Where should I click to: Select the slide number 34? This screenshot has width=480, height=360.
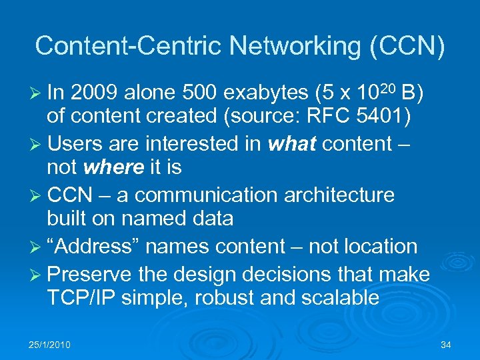[446, 345]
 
